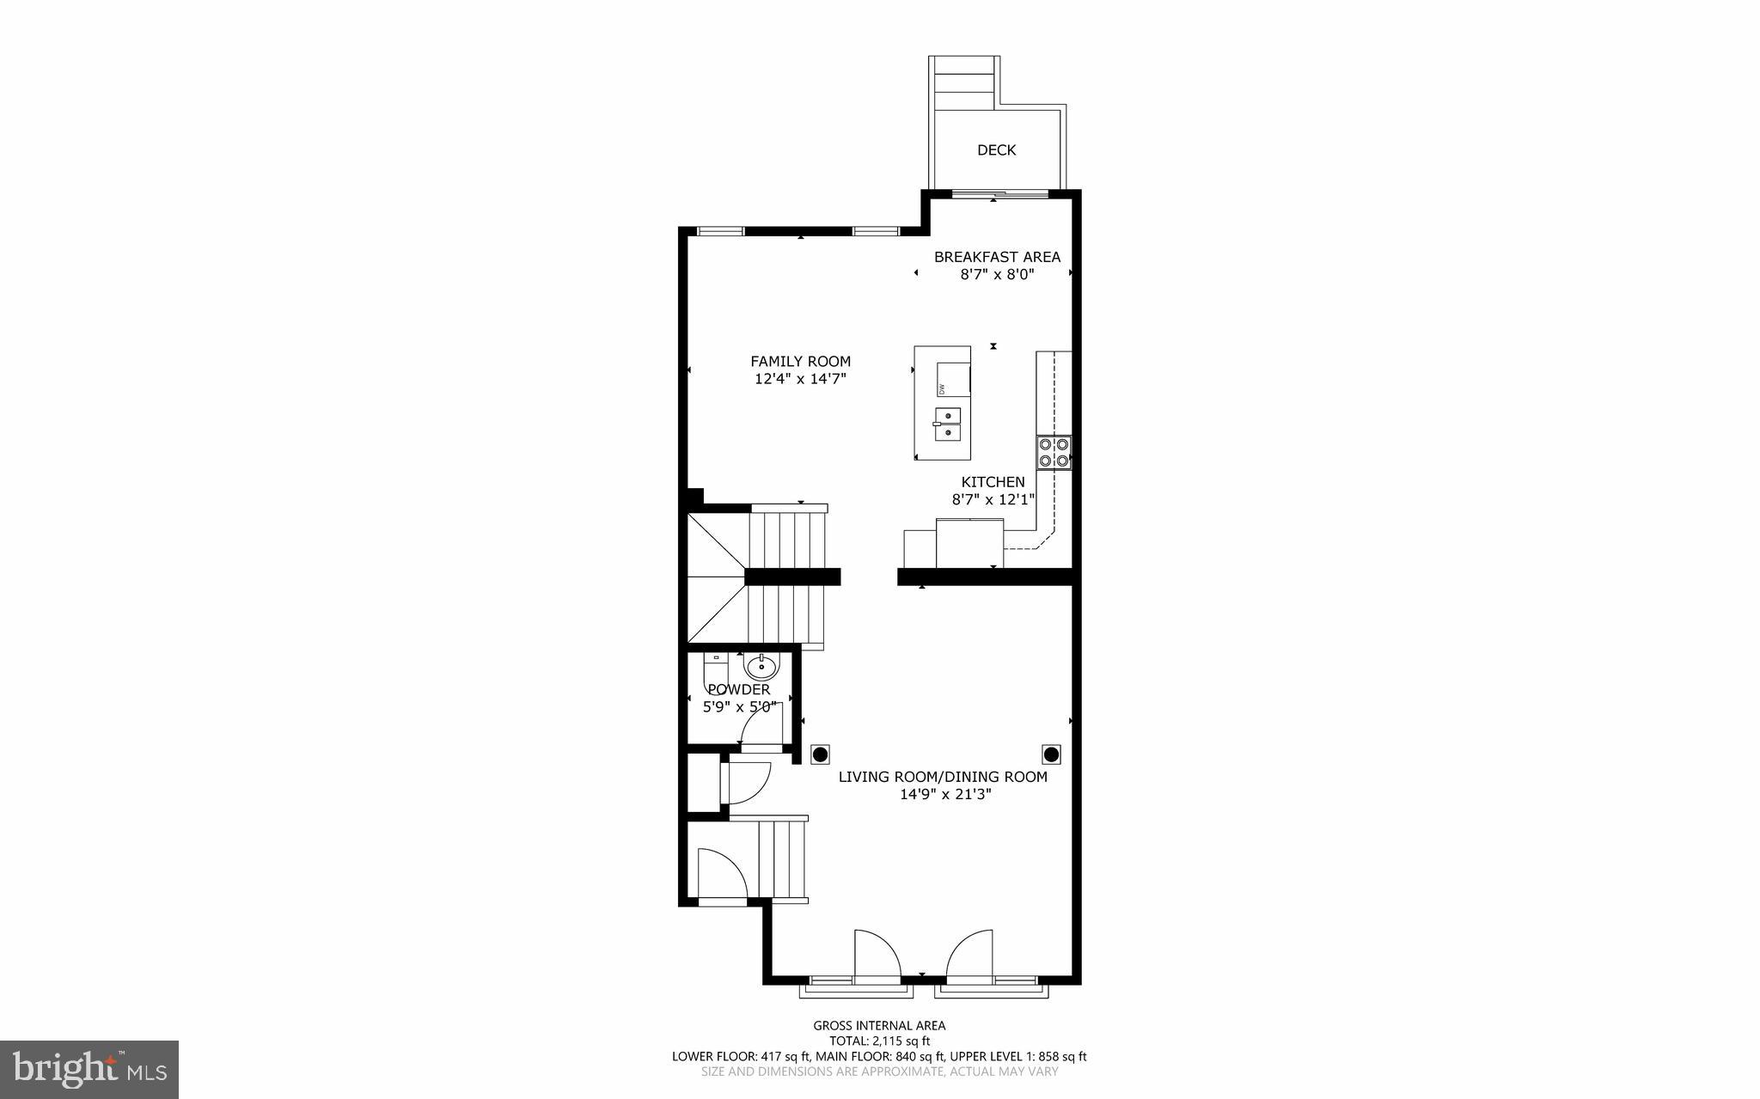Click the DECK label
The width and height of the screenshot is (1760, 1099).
[996, 150]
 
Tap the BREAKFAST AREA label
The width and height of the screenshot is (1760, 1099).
[997, 257]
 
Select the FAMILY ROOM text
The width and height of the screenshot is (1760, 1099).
[800, 362]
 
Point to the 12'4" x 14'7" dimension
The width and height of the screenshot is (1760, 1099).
[800, 379]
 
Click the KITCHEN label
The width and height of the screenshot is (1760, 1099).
[993, 482]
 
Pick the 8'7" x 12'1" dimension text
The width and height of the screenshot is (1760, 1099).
[993, 499]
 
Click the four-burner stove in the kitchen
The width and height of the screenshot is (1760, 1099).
[1054, 453]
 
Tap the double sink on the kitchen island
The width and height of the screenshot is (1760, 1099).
[948, 423]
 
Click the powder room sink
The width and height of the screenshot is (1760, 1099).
[761, 665]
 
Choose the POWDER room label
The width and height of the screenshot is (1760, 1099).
[738, 689]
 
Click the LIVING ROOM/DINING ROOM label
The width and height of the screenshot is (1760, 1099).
[943, 777]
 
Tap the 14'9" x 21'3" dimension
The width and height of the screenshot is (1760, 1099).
[945, 795]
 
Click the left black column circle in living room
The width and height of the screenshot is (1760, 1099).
[821, 754]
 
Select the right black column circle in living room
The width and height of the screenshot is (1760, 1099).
[1051, 754]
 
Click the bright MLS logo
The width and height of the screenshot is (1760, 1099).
[89, 1069]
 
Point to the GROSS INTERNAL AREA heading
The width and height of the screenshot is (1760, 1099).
[879, 1025]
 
